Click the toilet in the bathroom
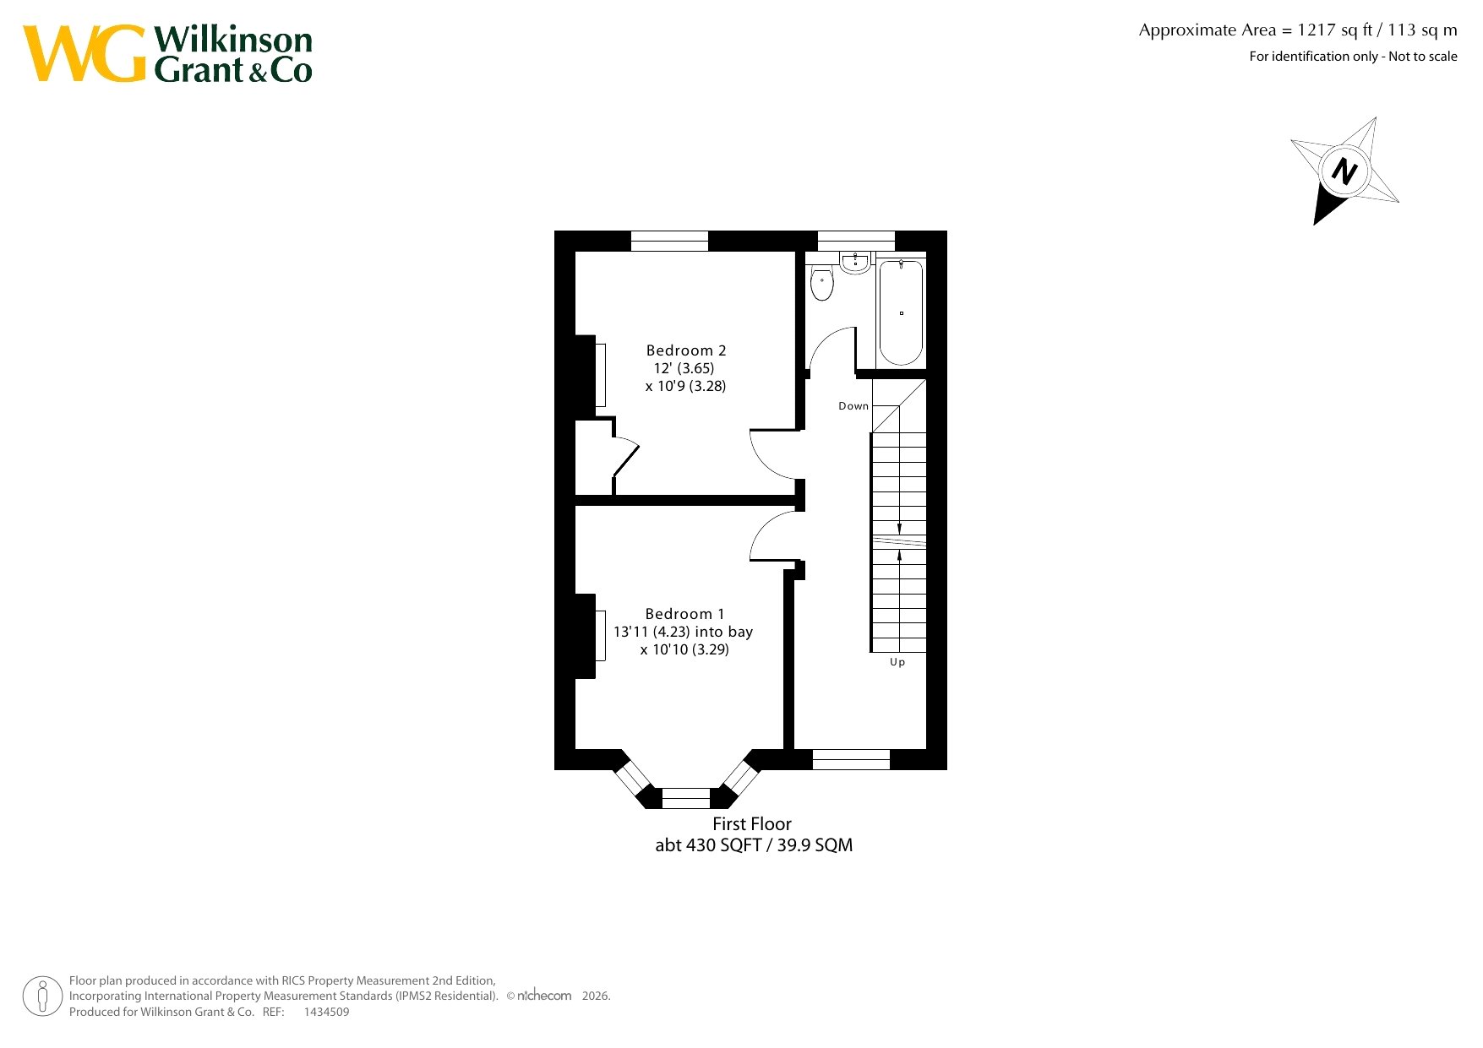tap(821, 284)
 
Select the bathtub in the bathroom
tap(901, 312)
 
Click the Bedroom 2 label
tap(686, 350)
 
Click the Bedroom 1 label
tap(684, 614)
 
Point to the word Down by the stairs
tap(853, 406)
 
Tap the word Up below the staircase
tap(897, 662)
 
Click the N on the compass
tap(1344, 171)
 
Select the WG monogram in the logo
tap(85, 53)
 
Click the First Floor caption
tap(752, 824)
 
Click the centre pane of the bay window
tap(686, 798)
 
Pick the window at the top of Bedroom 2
tap(669, 241)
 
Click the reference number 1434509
tap(326, 1012)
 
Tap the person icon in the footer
tap(42, 996)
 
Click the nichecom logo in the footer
tap(544, 996)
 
